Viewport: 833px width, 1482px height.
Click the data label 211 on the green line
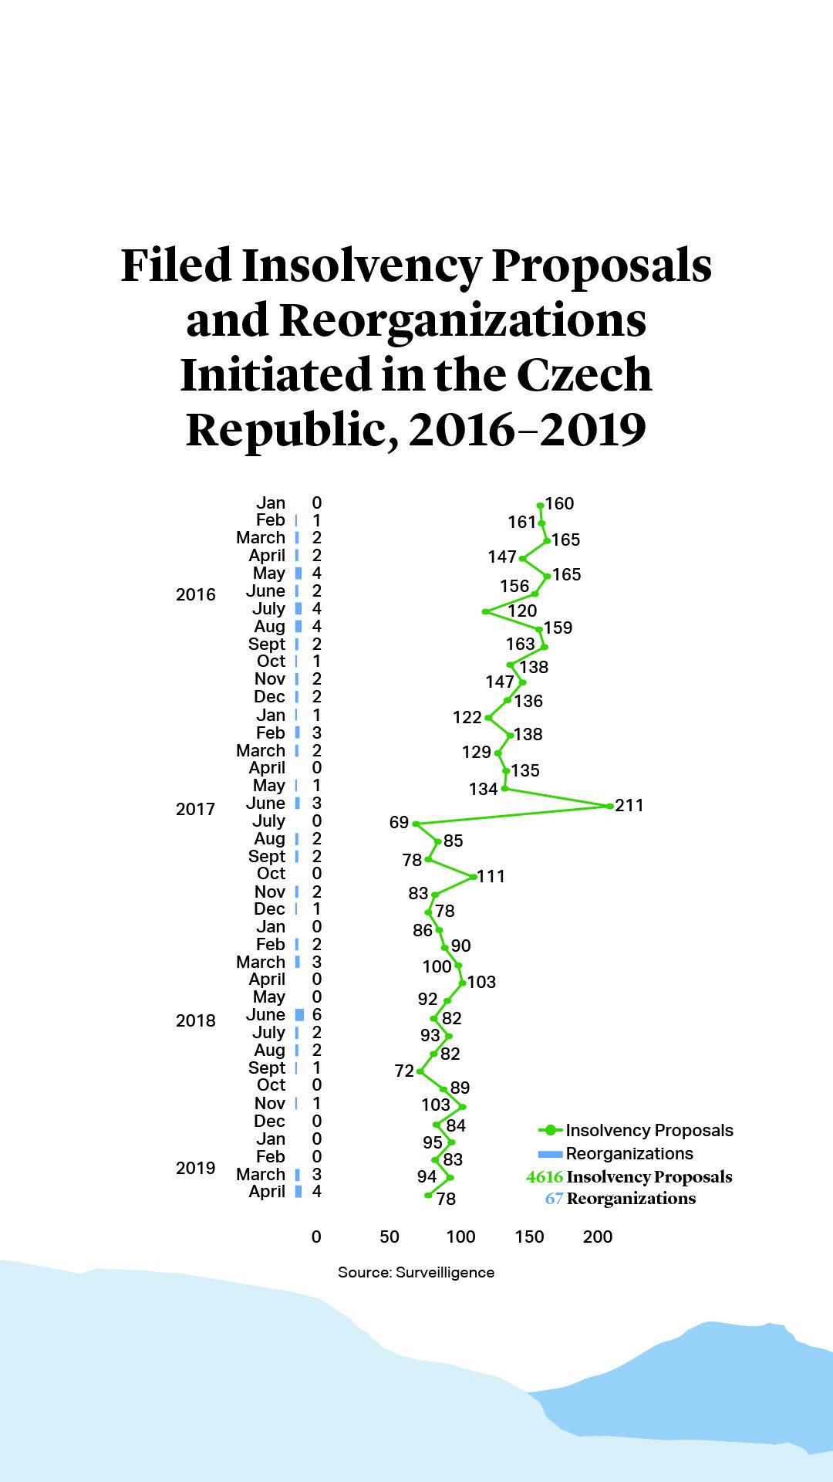coord(629,805)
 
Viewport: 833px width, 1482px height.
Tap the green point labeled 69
coord(416,824)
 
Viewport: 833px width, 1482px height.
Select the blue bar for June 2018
coord(299,1014)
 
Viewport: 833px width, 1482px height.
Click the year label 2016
coord(195,594)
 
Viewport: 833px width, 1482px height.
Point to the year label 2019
coord(195,1168)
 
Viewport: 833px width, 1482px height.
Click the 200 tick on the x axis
coord(598,1237)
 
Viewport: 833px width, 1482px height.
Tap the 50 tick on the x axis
coord(390,1237)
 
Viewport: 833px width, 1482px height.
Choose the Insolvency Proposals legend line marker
coord(550,1130)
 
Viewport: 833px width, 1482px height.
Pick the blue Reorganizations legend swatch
coord(550,1154)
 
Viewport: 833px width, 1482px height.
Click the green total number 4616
coord(545,1177)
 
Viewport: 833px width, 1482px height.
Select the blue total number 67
coord(554,1199)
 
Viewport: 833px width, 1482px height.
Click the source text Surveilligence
coord(445,1272)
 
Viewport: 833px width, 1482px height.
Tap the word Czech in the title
coord(584,374)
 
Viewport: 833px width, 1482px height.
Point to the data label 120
coord(522,611)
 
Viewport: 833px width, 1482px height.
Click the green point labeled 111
coord(473,877)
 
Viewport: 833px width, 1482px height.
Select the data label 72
coord(404,1071)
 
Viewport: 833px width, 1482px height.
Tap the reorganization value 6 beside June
coord(316,1014)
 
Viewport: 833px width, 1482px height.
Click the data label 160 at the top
coord(560,503)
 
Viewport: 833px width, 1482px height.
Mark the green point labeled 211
coord(609,806)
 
